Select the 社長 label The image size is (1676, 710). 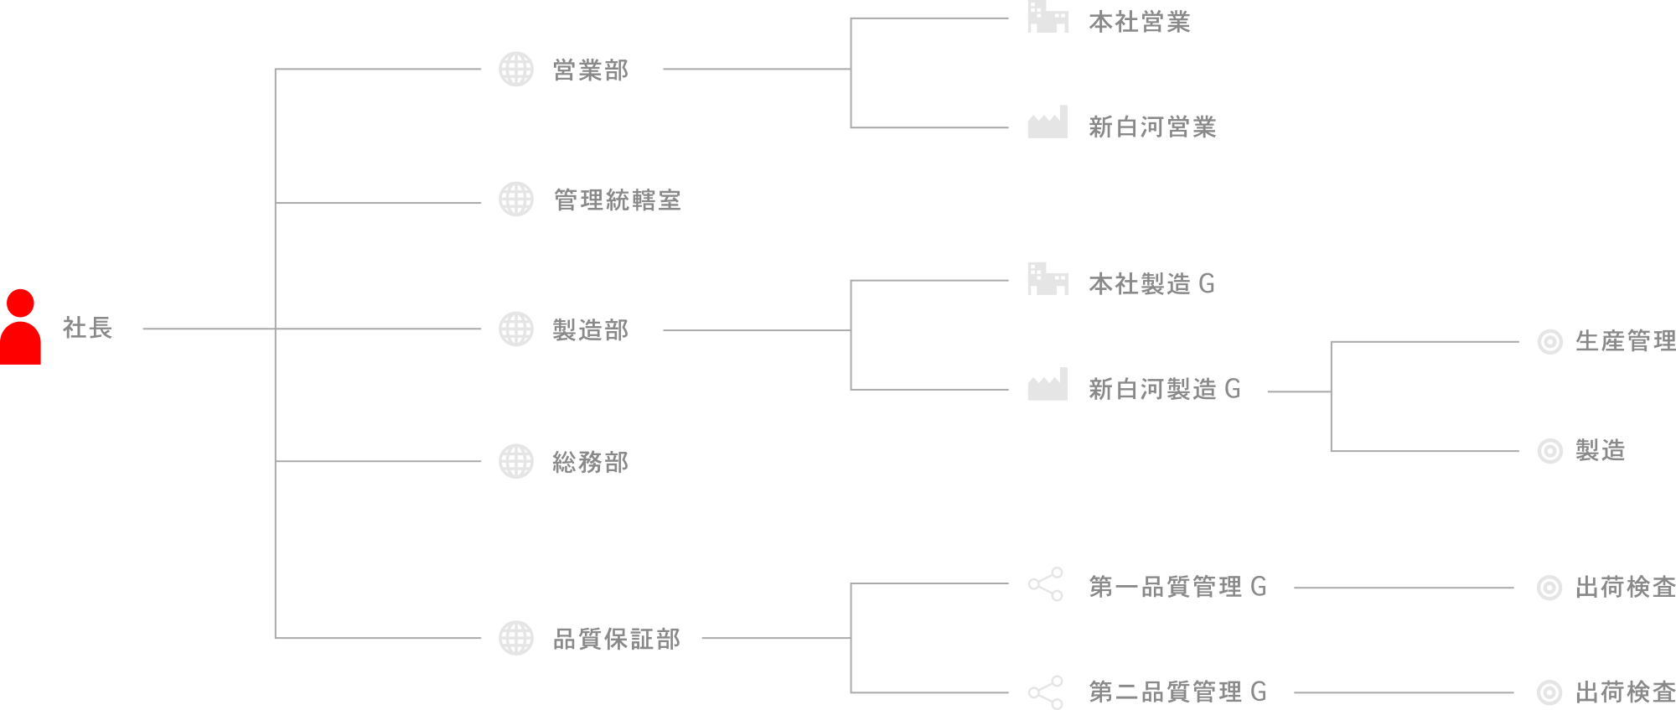(87, 328)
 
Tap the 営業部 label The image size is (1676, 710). (590, 70)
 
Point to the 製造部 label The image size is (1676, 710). (590, 330)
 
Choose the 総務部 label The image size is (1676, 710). (590, 462)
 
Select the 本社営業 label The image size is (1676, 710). (1139, 22)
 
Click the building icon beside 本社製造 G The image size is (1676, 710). (1047, 279)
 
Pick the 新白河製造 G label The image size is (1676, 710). (1164, 389)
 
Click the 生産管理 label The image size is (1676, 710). (1625, 341)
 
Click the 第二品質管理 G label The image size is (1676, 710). (1177, 692)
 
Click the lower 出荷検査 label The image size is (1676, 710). (1625, 692)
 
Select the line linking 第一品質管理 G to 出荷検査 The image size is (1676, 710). (1404, 588)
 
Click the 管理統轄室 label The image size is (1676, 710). (617, 200)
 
